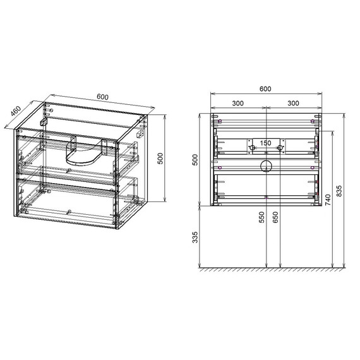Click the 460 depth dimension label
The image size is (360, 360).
coord(16,111)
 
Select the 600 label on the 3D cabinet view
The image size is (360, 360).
coord(102,97)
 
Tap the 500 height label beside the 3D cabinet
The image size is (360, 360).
coord(160,159)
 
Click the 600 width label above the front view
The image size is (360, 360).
coord(265,89)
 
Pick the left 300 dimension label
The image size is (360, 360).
coord(237,104)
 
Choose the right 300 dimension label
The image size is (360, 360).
coord(293,104)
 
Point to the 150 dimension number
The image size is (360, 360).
coord(265,143)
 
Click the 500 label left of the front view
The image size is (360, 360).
coord(195,160)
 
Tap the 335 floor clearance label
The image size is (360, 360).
coord(195,237)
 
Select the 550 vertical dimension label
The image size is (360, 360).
coord(261,217)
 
